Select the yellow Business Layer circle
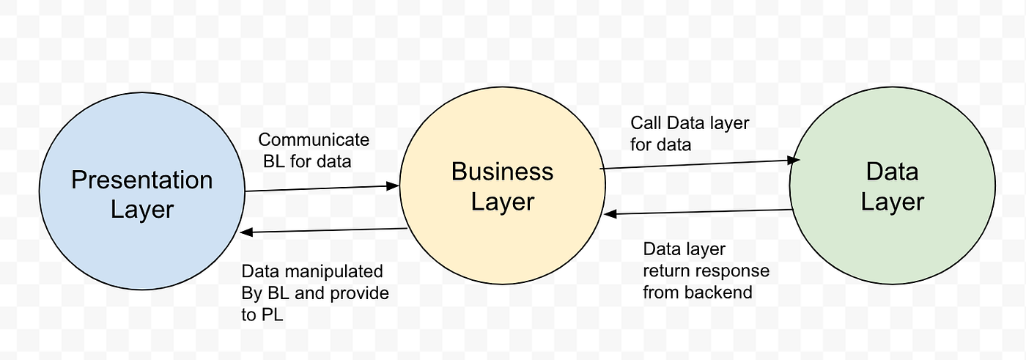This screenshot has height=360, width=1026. click(502, 242)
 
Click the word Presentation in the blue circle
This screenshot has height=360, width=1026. click(141, 180)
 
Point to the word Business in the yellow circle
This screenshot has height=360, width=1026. click(502, 172)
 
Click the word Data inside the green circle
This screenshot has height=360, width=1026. click(892, 172)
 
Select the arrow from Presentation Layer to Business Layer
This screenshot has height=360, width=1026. click(322, 188)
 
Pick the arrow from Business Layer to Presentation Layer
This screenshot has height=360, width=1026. click(322, 231)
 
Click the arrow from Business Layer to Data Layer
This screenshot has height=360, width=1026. click(700, 164)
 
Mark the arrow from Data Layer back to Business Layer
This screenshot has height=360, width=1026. click(700, 213)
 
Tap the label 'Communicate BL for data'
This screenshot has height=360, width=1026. click(313, 150)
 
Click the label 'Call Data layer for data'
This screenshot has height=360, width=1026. click(689, 133)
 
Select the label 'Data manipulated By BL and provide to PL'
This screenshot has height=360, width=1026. click(314, 293)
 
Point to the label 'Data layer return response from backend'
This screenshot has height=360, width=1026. click(706, 271)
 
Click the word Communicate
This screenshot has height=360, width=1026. click(314, 140)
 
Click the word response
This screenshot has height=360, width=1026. click(733, 271)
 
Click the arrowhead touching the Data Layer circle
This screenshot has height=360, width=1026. click(792, 159)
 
